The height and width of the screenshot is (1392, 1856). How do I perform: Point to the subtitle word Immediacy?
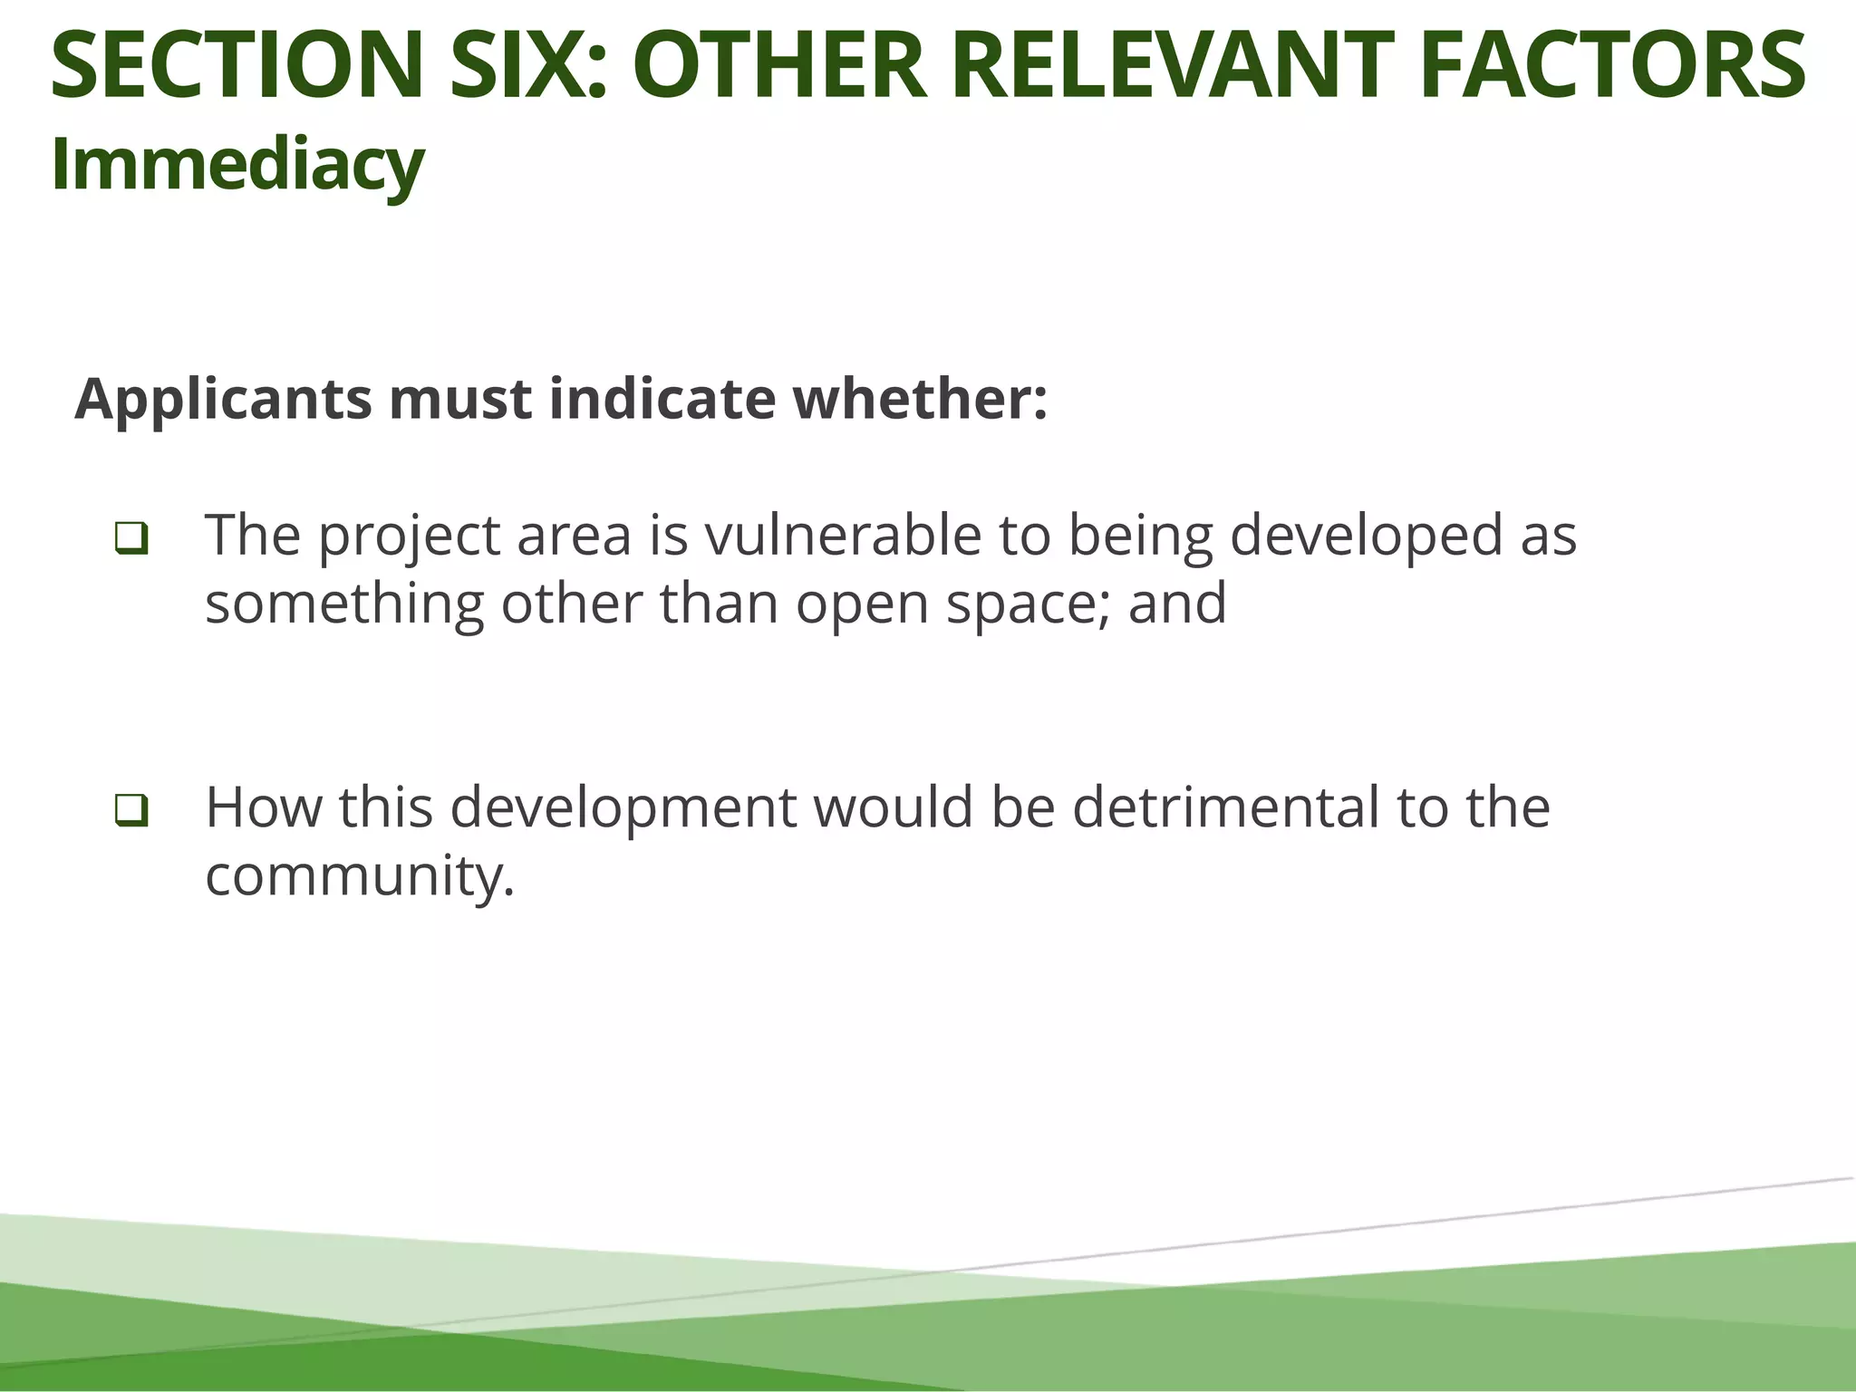(x=237, y=165)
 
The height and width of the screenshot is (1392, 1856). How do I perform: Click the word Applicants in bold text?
(x=223, y=400)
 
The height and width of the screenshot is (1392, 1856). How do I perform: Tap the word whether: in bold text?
(x=920, y=400)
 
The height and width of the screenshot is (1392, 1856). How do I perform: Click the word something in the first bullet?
(x=344, y=604)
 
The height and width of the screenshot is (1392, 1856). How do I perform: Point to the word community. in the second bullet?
(x=360, y=876)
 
